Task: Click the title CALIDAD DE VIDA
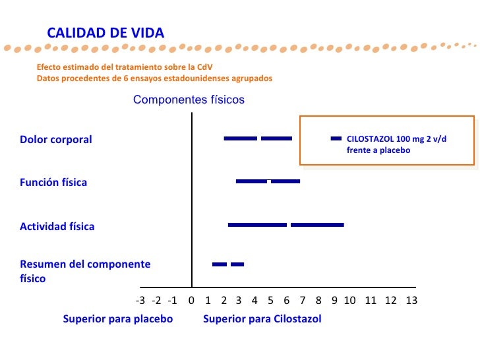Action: pyautogui.click(x=105, y=33)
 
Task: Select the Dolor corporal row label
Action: pyautogui.click(x=56, y=140)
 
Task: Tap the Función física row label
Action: pyautogui.click(x=53, y=182)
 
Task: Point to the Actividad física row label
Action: pyautogui.click(x=57, y=226)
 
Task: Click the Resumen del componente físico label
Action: pyautogui.click(x=85, y=271)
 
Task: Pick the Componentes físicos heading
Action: pyautogui.click(x=189, y=100)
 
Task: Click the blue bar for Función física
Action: pyautogui.click(x=268, y=181)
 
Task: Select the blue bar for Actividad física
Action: pyautogui.click(x=285, y=225)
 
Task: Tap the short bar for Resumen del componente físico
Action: pyautogui.click(x=228, y=264)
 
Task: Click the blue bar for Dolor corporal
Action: pyautogui.click(x=258, y=138)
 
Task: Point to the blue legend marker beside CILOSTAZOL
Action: pyautogui.click(x=336, y=138)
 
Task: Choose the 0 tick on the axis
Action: pyautogui.click(x=191, y=301)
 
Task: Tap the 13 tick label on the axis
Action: pyautogui.click(x=411, y=301)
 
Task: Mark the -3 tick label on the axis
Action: pyautogui.click(x=140, y=301)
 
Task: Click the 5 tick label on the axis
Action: pyautogui.click(x=270, y=301)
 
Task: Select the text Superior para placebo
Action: pyautogui.click(x=118, y=319)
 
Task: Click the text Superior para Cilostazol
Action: pyautogui.click(x=262, y=319)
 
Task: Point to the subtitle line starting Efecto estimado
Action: pyautogui.click(x=125, y=67)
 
